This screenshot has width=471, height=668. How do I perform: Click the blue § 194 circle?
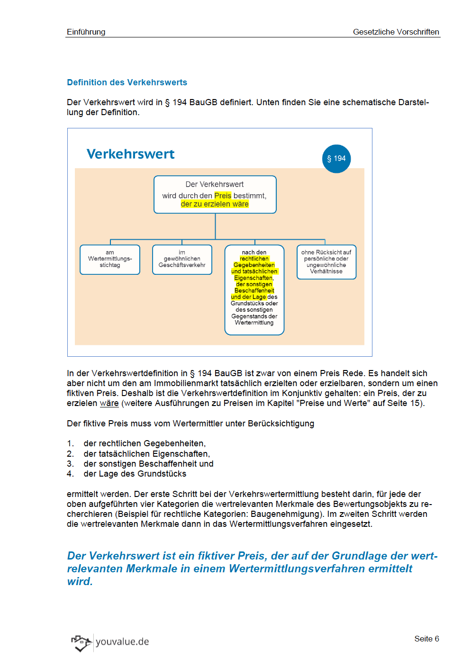(x=336, y=159)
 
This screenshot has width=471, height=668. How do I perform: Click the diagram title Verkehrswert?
(x=130, y=154)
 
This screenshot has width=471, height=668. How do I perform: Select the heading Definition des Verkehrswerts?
(x=127, y=82)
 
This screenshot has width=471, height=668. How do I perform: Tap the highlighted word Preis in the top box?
(x=223, y=196)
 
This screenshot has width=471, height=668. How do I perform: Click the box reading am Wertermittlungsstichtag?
(x=110, y=259)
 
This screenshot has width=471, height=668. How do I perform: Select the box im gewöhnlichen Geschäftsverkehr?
(x=182, y=259)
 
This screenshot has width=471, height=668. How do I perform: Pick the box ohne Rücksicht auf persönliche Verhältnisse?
(x=326, y=262)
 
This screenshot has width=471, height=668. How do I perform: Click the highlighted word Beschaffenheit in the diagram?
(x=254, y=290)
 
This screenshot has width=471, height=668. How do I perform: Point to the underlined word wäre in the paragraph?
(x=109, y=403)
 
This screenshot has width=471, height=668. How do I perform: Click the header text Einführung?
(x=86, y=32)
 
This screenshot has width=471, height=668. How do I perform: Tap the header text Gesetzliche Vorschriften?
(x=396, y=32)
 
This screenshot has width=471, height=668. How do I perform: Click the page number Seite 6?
(x=426, y=639)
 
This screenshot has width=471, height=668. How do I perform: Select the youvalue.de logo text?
(x=122, y=641)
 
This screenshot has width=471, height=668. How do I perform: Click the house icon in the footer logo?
(x=81, y=642)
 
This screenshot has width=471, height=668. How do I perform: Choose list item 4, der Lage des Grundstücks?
(x=135, y=474)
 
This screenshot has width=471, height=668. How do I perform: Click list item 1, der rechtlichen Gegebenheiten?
(x=144, y=443)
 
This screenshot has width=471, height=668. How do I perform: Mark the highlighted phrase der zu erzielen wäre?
(x=215, y=204)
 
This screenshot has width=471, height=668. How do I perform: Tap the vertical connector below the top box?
(x=215, y=226)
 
